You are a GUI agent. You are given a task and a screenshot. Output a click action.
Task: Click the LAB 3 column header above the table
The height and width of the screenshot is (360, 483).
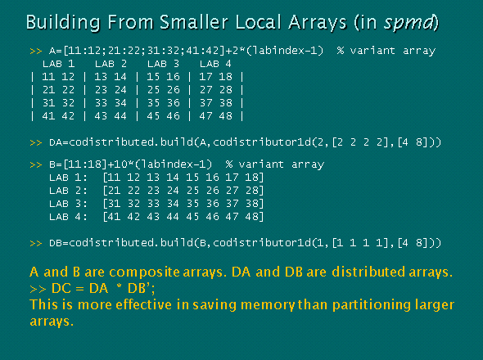(x=163, y=63)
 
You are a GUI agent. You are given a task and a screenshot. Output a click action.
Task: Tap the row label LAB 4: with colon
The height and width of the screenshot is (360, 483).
(x=69, y=216)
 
